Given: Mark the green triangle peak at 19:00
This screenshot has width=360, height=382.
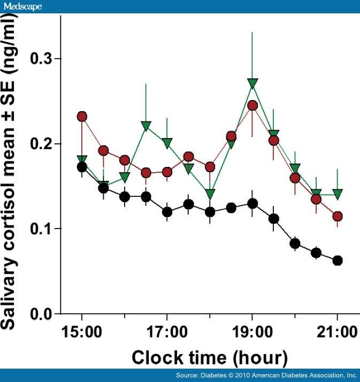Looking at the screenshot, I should click(x=253, y=83).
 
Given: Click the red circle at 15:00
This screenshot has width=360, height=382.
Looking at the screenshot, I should click(x=82, y=117).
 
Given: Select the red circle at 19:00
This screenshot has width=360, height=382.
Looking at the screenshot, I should click(x=252, y=105).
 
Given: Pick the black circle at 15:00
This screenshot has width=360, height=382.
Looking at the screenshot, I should click(x=82, y=167).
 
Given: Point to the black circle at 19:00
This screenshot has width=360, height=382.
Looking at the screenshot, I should click(x=252, y=203).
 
